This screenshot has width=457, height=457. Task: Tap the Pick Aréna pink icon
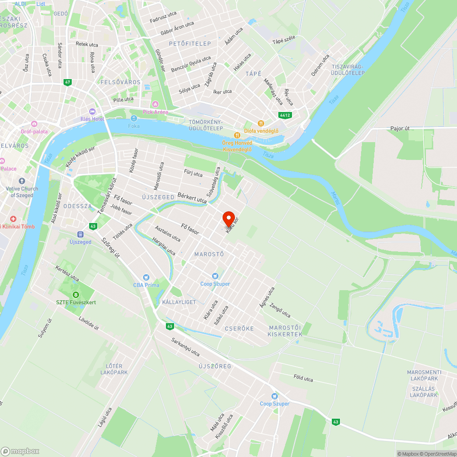click(155, 105)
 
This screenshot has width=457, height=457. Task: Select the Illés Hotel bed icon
click(92, 112)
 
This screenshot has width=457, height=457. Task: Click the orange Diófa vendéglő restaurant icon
click(261, 123)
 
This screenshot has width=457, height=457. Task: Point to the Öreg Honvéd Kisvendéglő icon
click(237, 135)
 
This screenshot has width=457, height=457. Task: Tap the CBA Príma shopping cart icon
click(146, 277)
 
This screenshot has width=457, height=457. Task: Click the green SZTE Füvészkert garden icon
click(76, 294)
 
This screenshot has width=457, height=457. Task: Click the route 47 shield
click(68, 82)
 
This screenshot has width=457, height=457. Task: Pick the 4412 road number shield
click(286, 115)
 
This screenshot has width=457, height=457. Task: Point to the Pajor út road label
click(400, 128)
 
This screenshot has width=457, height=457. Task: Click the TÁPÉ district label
click(253, 74)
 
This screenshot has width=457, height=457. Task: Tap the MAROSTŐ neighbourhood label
click(209, 254)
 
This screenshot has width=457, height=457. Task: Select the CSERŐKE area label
click(239, 329)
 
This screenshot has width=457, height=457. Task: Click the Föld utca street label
click(303, 378)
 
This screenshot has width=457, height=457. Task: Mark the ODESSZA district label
click(78, 206)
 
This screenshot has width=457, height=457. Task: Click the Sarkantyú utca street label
click(185, 347)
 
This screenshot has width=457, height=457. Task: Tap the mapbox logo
click(20, 451)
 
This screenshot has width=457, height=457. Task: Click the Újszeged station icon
click(80, 234)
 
